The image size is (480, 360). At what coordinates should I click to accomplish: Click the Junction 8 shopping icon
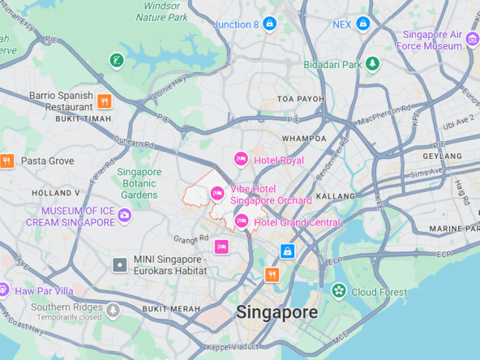click(x=269, y=24)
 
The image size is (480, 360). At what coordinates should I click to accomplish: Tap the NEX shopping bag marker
click(x=363, y=24)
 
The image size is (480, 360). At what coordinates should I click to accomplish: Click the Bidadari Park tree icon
click(x=372, y=64)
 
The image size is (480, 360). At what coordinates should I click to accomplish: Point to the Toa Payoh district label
click(x=300, y=99)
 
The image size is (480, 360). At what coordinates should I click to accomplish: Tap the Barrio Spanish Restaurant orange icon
click(x=104, y=101)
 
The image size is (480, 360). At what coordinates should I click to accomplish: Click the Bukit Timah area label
click(x=83, y=118)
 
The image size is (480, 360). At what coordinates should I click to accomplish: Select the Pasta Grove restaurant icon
click(x=7, y=161)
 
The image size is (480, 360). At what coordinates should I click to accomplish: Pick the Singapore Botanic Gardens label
click(x=139, y=183)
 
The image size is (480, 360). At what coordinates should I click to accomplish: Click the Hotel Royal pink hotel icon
click(x=241, y=159)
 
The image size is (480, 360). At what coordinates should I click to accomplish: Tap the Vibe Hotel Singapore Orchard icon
click(x=217, y=193)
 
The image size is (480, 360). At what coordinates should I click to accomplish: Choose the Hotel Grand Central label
click(x=297, y=222)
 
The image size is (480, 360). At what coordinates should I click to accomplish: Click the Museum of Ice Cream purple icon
click(x=124, y=215)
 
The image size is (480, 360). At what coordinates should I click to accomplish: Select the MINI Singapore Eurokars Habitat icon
click(x=120, y=264)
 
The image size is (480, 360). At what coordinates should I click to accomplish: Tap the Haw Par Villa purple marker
click(x=4, y=290)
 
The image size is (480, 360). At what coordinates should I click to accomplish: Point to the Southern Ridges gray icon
click(x=113, y=310)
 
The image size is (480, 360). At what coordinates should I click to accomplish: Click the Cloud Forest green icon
click(x=338, y=291)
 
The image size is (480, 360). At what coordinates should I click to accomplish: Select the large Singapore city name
click(x=276, y=312)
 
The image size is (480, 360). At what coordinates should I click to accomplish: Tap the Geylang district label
click(x=442, y=156)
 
